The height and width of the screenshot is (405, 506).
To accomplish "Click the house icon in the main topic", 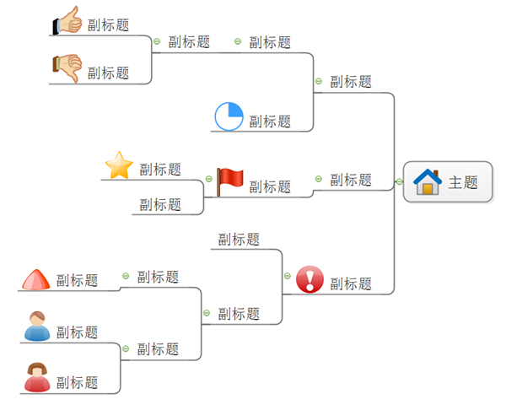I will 428,181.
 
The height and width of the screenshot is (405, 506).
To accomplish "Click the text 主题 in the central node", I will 463,182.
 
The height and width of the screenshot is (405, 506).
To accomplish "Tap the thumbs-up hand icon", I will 67,21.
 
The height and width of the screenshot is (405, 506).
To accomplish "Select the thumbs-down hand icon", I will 67,68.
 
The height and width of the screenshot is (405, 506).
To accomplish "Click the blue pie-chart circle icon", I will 229,117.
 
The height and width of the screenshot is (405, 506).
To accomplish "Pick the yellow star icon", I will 119,165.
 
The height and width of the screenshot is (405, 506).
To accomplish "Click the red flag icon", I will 229,180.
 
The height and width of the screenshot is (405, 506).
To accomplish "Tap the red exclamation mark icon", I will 310,278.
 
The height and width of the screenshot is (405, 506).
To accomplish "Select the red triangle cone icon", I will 35,279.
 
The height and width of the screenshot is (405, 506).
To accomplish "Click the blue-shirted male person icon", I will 36,327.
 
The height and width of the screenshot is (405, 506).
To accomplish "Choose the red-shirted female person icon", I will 36,377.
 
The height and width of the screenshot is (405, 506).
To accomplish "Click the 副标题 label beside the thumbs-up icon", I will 109,25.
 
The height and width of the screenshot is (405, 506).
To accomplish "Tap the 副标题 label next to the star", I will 160,170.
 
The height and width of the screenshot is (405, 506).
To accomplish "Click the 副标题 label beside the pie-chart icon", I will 270,121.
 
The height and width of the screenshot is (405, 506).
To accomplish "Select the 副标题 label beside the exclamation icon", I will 351,284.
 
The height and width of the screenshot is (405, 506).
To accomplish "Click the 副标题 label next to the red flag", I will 270,186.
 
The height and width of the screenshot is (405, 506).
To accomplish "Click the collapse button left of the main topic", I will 398,181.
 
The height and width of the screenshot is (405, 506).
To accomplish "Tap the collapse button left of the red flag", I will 208,179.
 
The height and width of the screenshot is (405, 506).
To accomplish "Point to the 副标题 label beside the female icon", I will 78,383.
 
